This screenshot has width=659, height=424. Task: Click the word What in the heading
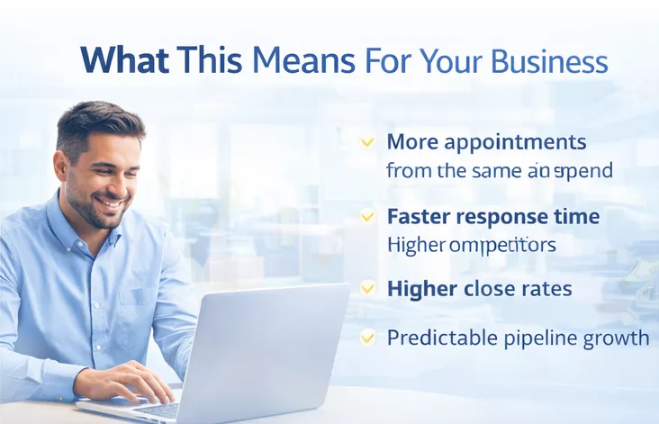(x=123, y=59)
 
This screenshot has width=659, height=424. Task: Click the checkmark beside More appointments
(x=367, y=142)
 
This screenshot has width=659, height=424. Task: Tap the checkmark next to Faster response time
(x=367, y=217)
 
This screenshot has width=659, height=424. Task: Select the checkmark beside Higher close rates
(x=367, y=289)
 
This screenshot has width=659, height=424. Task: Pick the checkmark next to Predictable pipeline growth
(x=367, y=338)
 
